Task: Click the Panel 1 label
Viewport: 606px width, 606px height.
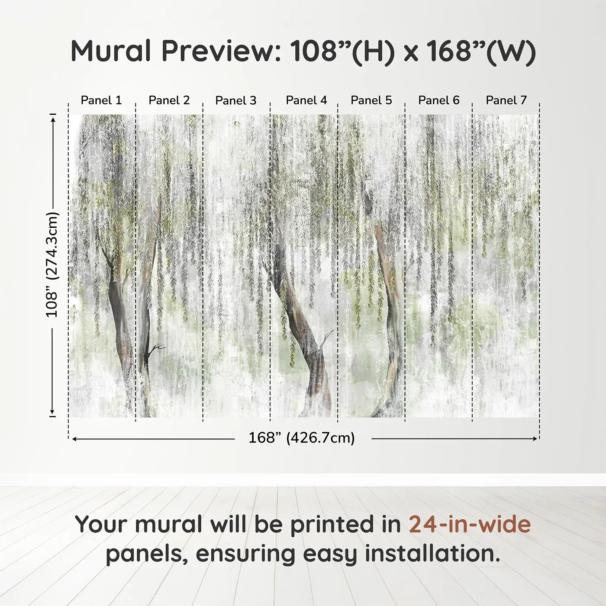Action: pos(101,100)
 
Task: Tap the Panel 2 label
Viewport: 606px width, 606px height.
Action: pos(169,100)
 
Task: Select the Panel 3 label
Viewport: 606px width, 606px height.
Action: pos(236,100)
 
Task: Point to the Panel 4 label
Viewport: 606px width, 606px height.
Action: pos(306,100)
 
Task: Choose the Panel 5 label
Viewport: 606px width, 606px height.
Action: pos(371,100)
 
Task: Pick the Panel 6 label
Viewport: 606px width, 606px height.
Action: pos(439,100)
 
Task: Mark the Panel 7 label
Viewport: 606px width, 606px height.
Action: pos(506,100)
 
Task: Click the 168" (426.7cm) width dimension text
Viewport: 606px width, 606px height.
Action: pos(302,438)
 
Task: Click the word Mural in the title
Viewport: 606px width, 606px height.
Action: pos(110,51)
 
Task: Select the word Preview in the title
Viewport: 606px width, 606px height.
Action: pos(221,51)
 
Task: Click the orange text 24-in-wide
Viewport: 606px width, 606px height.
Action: pos(470,524)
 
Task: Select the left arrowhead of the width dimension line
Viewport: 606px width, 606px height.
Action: pos(74,439)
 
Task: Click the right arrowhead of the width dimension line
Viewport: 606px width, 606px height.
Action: pos(535,439)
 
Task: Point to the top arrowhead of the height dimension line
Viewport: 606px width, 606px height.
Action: pos(53,119)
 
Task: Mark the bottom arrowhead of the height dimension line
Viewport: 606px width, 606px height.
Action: pos(53,412)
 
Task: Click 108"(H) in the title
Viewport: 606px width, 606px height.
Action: pos(342,51)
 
